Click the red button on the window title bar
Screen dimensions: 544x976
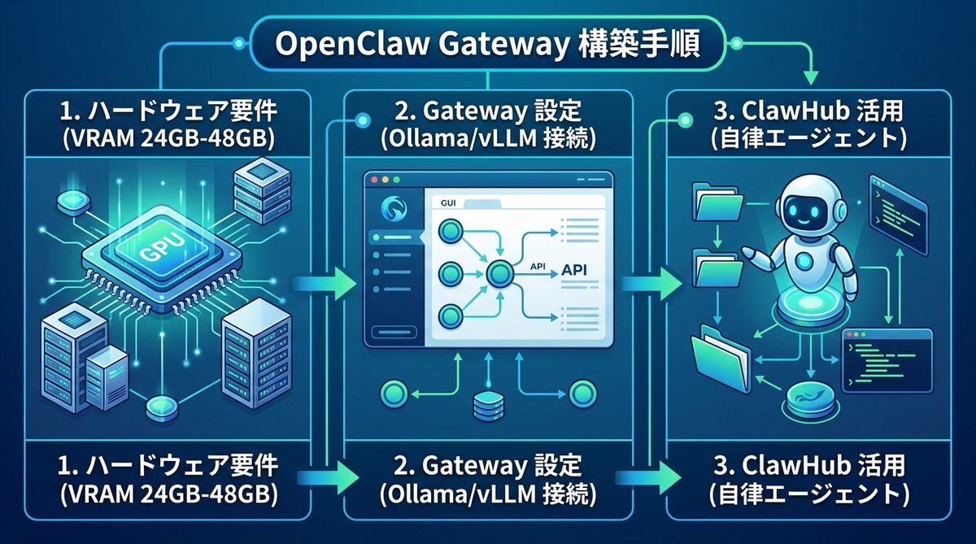point(375,179)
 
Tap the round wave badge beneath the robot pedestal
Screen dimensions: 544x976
point(808,401)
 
